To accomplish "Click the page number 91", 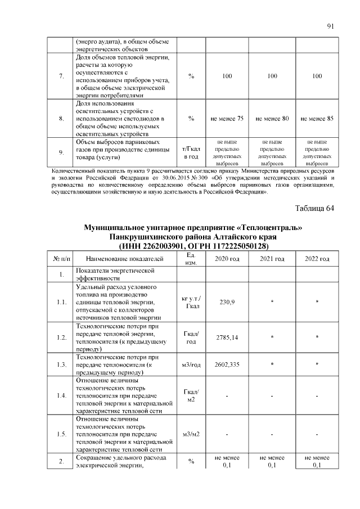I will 330,26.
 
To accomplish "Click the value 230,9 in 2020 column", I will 227,302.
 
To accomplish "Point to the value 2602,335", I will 227,364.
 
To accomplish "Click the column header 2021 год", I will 272,259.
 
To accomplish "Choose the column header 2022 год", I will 317,259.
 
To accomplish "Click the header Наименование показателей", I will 125,259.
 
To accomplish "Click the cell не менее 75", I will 227,119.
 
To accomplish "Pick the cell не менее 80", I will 272,119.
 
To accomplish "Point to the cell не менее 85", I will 317,119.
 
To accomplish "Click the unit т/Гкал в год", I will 191,152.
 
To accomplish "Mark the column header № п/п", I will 61,259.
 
